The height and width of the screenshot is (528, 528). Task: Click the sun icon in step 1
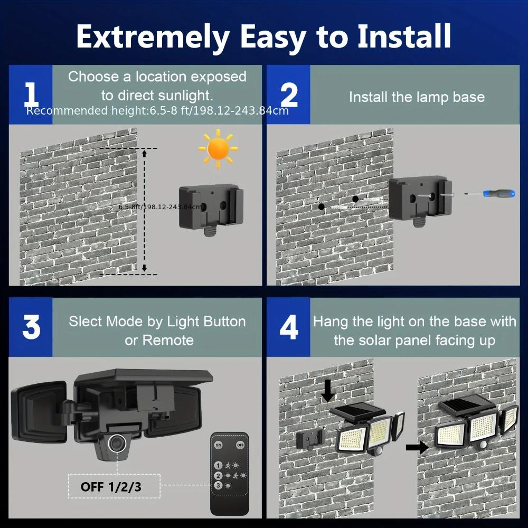coord(218,149)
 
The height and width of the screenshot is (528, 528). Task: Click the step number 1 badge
coord(31,95)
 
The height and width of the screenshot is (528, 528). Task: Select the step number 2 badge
coord(288,95)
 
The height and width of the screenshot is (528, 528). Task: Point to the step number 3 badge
coord(31,327)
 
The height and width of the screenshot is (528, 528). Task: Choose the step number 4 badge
coord(288,327)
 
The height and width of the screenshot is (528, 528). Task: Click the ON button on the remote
coord(219,445)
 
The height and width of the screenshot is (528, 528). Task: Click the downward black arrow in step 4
coord(328,391)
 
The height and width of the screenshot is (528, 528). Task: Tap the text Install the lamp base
coord(417,97)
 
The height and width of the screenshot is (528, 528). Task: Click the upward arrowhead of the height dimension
coord(145,154)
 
